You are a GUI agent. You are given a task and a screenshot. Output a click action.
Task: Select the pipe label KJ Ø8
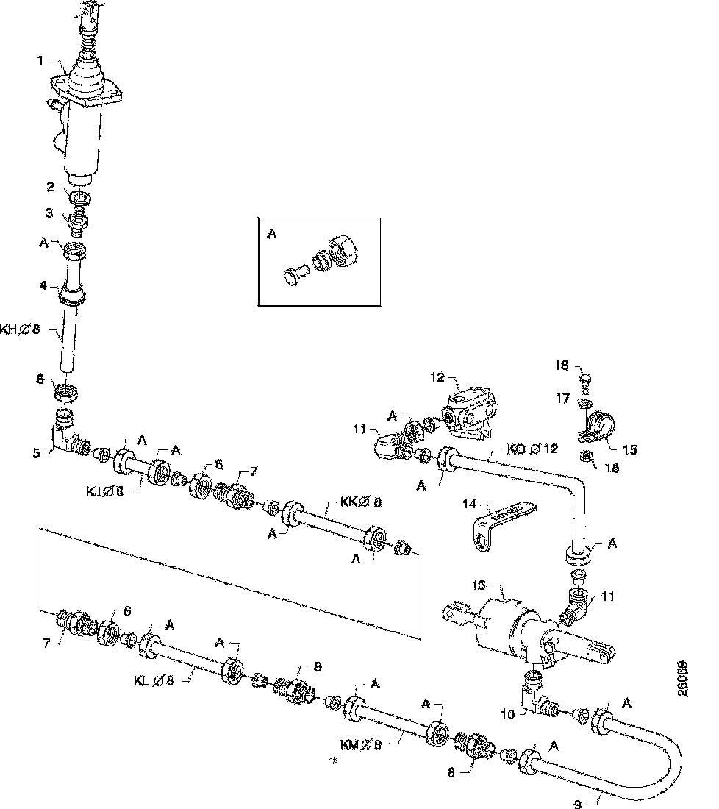click(105, 488)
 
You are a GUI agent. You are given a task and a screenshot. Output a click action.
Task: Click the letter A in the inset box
click(271, 234)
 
